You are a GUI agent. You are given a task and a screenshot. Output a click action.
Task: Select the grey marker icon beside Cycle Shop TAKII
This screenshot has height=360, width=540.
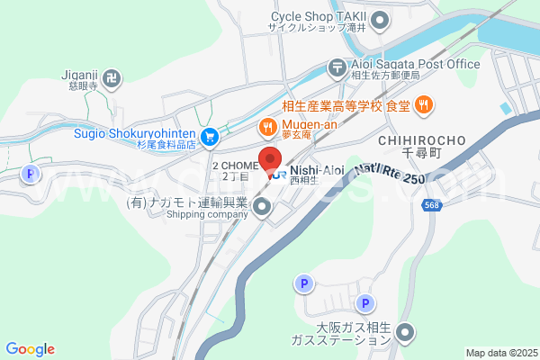(x=381, y=18)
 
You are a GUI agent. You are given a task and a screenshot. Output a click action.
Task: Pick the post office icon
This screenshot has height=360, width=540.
(x=337, y=65)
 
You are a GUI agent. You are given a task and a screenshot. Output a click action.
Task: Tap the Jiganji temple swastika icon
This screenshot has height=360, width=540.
(x=112, y=79)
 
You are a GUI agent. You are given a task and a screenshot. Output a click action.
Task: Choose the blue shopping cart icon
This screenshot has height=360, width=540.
(x=210, y=137)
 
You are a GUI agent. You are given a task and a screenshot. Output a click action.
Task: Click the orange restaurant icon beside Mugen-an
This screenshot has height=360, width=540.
(x=266, y=125)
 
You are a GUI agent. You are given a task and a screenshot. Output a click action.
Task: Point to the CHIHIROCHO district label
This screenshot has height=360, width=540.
(x=421, y=140)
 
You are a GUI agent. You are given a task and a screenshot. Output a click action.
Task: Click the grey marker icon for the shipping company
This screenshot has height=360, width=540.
(x=262, y=208)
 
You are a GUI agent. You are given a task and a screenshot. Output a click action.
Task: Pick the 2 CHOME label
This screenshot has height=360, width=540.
(x=235, y=166)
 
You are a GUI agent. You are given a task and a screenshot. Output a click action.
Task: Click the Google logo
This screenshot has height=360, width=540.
(x=30, y=349)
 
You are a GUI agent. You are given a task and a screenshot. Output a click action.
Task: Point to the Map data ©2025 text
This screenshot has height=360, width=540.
(x=500, y=353)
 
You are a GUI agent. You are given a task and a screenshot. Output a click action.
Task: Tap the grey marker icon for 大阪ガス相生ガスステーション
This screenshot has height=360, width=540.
(x=406, y=334)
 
